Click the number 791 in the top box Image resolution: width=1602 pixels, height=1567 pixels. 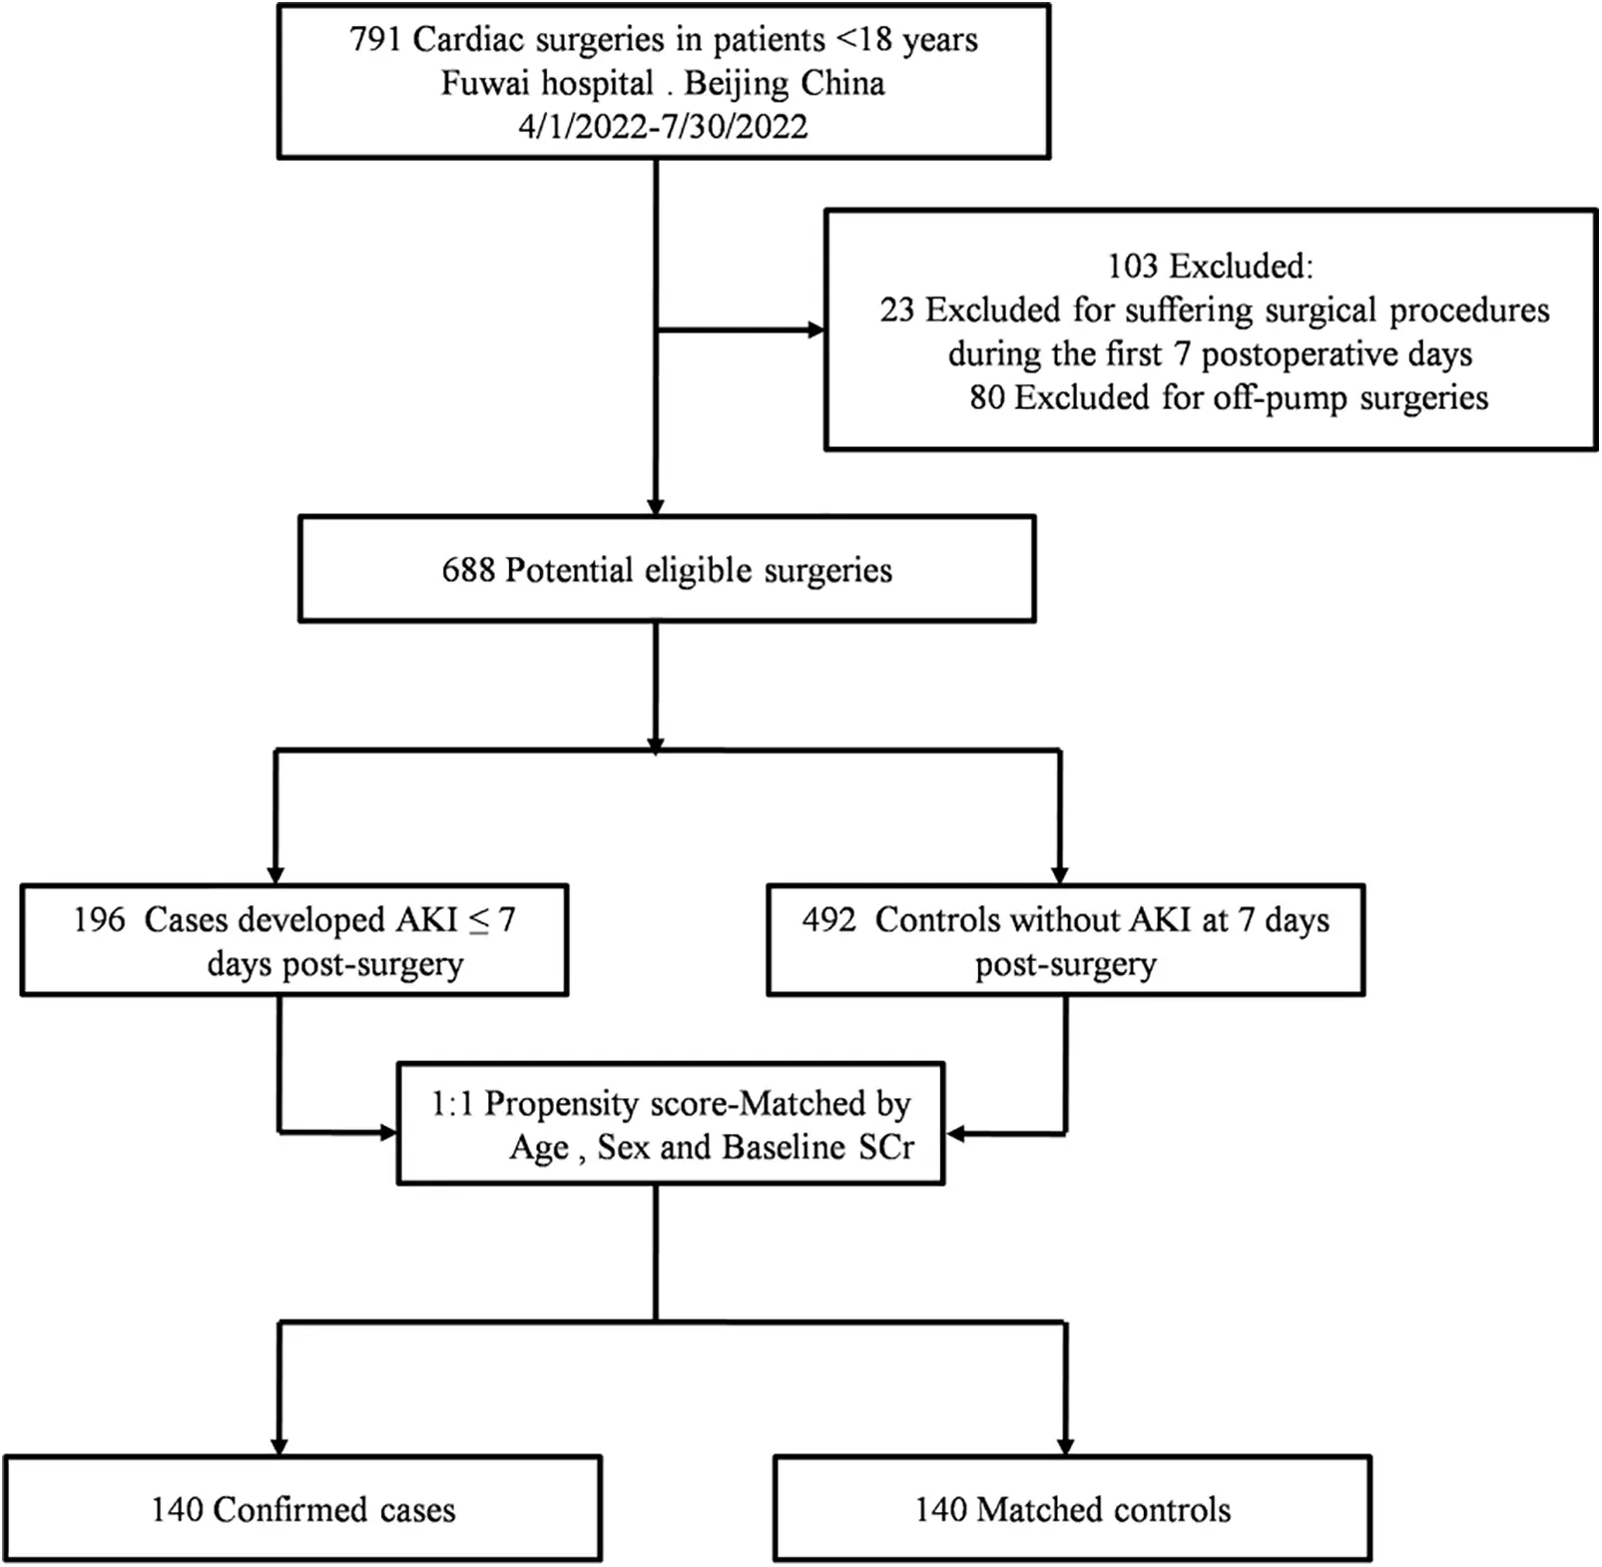point(374,40)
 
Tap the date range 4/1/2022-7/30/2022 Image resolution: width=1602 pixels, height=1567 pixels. point(663,127)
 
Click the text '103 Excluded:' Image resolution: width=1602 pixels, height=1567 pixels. point(1210,266)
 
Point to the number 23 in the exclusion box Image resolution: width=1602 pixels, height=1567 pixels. point(896,310)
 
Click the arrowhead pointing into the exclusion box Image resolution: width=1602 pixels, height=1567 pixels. point(816,330)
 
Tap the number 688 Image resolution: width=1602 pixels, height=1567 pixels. point(468,571)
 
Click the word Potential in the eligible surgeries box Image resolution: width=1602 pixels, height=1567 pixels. point(569,571)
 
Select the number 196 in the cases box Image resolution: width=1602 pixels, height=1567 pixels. point(99,919)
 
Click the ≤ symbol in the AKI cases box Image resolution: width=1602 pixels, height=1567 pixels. point(479,919)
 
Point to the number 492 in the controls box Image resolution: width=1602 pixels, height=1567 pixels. point(828,919)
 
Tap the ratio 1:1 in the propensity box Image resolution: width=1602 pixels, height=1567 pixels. point(451,1104)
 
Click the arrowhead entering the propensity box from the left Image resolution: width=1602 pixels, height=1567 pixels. point(388,1133)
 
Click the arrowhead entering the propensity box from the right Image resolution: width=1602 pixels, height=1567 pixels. point(954,1134)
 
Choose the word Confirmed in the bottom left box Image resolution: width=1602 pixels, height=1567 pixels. point(288,1510)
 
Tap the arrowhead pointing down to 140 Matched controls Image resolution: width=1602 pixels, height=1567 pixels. point(1065,1446)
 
